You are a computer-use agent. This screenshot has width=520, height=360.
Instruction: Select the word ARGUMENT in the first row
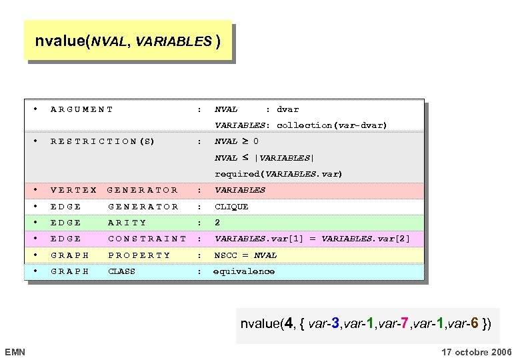[x=82, y=109]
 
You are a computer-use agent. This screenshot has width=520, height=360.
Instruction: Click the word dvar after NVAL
[x=287, y=109]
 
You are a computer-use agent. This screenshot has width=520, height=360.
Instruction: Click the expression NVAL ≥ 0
[x=237, y=141]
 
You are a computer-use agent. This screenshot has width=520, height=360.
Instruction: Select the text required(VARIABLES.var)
[x=278, y=174]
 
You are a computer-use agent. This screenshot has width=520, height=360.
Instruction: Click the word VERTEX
[x=73, y=190]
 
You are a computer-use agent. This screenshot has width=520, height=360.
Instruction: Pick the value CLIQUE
[x=231, y=207]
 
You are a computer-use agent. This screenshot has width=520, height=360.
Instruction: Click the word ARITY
[x=127, y=223]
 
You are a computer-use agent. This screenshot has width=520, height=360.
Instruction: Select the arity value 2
[x=217, y=223]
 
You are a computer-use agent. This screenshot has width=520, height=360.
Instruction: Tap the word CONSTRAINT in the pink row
[x=147, y=239]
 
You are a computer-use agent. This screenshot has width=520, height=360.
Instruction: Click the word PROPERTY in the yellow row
[x=139, y=255]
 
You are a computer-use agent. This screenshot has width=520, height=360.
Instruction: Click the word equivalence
[x=243, y=271]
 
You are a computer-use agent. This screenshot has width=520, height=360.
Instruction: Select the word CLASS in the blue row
[x=121, y=271]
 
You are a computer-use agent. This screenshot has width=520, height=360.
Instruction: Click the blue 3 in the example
[x=337, y=325]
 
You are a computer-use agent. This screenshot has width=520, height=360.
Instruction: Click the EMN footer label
[x=14, y=351]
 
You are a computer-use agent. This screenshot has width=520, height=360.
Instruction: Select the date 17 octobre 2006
[x=477, y=351]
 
